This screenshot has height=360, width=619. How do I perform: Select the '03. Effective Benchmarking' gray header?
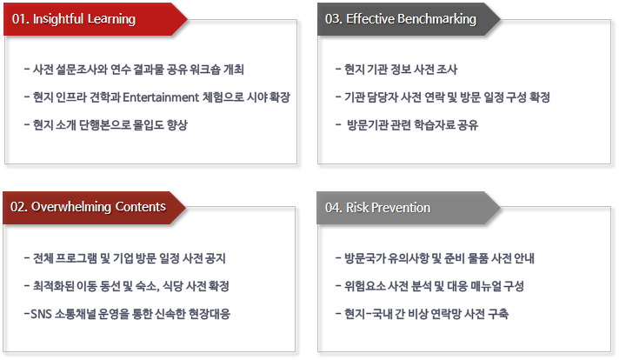[400, 19]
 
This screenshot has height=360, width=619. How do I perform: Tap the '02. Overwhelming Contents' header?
[88, 207]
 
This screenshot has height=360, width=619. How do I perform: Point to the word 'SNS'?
[42, 313]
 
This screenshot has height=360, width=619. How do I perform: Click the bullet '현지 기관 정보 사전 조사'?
[396, 70]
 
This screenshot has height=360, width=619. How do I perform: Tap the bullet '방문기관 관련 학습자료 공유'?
[411, 124]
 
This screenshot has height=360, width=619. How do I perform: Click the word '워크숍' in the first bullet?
[209, 70]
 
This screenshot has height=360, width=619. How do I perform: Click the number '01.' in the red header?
[20, 19]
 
